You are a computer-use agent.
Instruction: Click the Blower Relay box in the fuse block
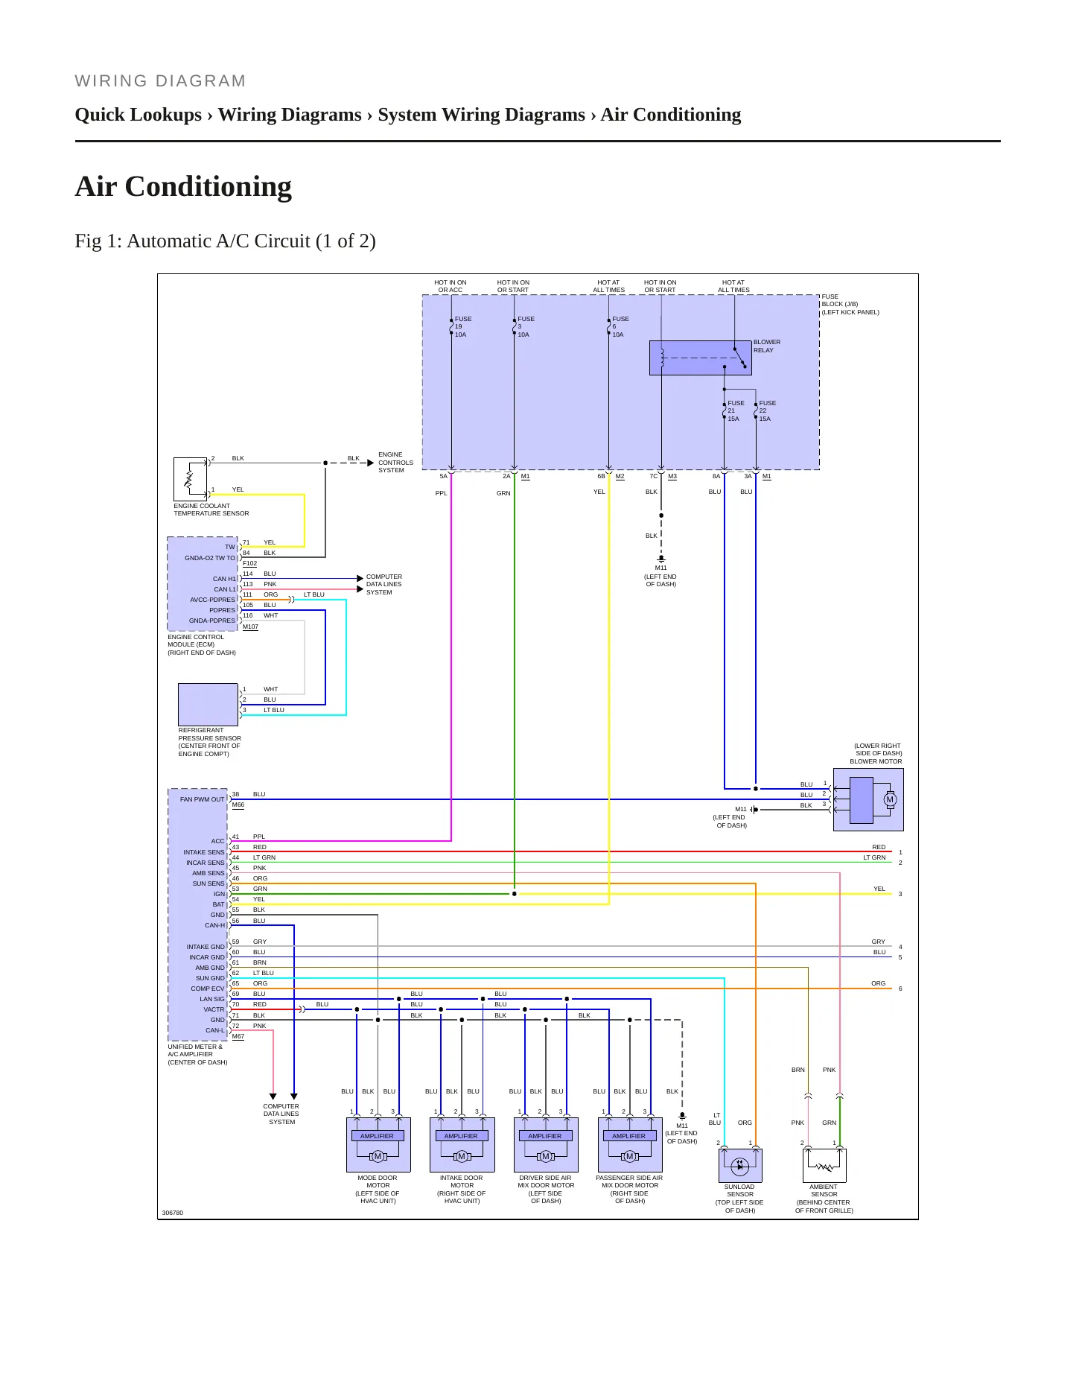pos(701,358)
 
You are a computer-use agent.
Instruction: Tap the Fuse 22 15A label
pos(767,411)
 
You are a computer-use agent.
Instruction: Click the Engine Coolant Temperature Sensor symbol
pos(190,479)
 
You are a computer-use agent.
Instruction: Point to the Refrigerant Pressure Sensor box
pos(208,704)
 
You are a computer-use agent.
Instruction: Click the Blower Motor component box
pos(868,800)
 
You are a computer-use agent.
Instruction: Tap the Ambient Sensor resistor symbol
pos(824,1166)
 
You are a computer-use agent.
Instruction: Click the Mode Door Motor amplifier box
pos(378,1145)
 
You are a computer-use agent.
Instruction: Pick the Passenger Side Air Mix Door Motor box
pos(630,1145)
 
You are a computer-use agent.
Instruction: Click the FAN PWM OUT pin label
pos(202,799)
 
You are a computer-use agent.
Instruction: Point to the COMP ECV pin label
pos(207,989)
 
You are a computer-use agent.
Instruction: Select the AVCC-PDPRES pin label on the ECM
pos(212,600)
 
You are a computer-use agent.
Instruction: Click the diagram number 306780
pos(173,1213)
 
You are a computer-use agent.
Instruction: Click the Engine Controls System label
pos(395,463)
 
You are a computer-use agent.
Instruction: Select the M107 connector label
pos(251,626)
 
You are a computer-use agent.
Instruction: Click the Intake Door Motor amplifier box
pos(462,1145)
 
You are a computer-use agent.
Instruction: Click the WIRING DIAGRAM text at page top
pos(160,81)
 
